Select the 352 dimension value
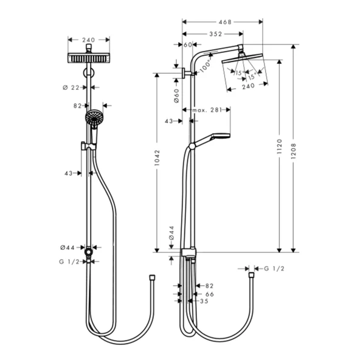tap(212, 34)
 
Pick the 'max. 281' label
tap(206, 110)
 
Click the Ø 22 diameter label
tap(71, 88)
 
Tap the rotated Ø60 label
tap(176, 95)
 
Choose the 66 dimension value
tap(209, 293)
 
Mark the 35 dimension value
tap(204, 300)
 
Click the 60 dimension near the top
tap(187, 44)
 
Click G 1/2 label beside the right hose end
tap(274, 268)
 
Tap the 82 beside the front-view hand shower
tap(77, 105)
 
